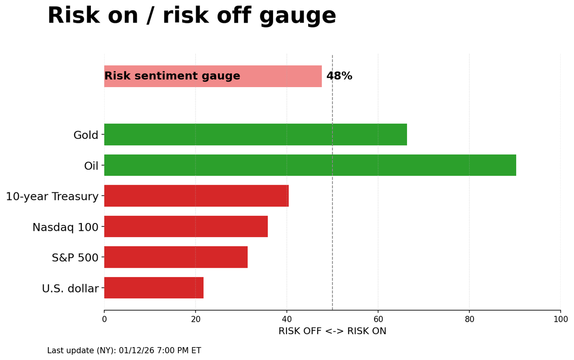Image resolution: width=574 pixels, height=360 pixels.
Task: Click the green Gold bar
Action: pyautogui.click(x=255, y=135)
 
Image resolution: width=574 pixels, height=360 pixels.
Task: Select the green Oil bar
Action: pyautogui.click(x=310, y=165)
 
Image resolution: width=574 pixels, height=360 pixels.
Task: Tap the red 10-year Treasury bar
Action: pyautogui.click(x=196, y=196)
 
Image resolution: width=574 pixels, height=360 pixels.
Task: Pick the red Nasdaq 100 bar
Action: pyautogui.click(x=186, y=226)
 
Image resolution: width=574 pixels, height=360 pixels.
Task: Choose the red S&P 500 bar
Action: pyautogui.click(x=176, y=257)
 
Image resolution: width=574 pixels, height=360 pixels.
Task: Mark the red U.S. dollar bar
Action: pyautogui.click(x=154, y=288)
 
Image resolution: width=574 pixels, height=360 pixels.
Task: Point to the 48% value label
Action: pyautogui.click(x=339, y=76)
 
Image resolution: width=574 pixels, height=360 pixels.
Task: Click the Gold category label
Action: pyautogui.click(x=86, y=135)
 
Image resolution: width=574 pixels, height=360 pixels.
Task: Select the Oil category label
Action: pyautogui.click(x=91, y=166)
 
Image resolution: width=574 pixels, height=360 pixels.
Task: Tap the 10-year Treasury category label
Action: pyautogui.click(x=52, y=197)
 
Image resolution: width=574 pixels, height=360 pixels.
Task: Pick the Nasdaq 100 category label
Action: pyautogui.click(x=65, y=227)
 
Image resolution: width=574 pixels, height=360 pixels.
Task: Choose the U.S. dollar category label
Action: pyautogui.click(x=70, y=289)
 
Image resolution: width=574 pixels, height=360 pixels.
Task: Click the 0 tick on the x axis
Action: pyautogui.click(x=104, y=319)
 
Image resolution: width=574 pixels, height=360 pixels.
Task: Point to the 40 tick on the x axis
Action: pyautogui.click(x=287, y=319)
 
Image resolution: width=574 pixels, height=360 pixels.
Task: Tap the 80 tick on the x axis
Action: pyautogui.click(x=469, y=319)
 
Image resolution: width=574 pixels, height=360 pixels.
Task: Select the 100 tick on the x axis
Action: pyautogui.click(x=560, y=319)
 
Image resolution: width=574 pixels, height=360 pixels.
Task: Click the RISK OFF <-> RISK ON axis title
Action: pyautogui.click(x=332, y=331)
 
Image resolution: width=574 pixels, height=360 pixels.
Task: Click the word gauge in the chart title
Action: pyautogui.click(x=298, y=16)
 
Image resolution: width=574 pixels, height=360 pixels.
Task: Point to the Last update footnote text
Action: pyautogui.click(x=124, y=351)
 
